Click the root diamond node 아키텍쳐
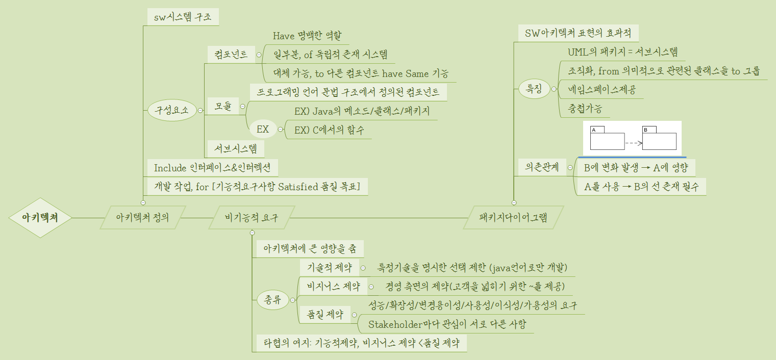click(x=40, y=218)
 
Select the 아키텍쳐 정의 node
click(x=142, y=218)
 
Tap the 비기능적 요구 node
click(x=252, y=218)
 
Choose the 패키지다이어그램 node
click(x=513, y=218)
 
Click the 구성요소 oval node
click(x=171, y=110)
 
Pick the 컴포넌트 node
click(x=231, y=55)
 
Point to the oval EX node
click(x=263, y=129)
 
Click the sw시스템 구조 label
click(x=182, y=17)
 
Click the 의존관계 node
click(x=538, y=167)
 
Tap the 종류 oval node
click(x=272, y=300)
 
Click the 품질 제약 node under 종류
click(x=324, y=314)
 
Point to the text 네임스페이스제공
click(x=598, y=91)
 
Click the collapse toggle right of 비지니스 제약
click(x=371, y=286)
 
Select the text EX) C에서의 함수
click(x=329, y=130)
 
